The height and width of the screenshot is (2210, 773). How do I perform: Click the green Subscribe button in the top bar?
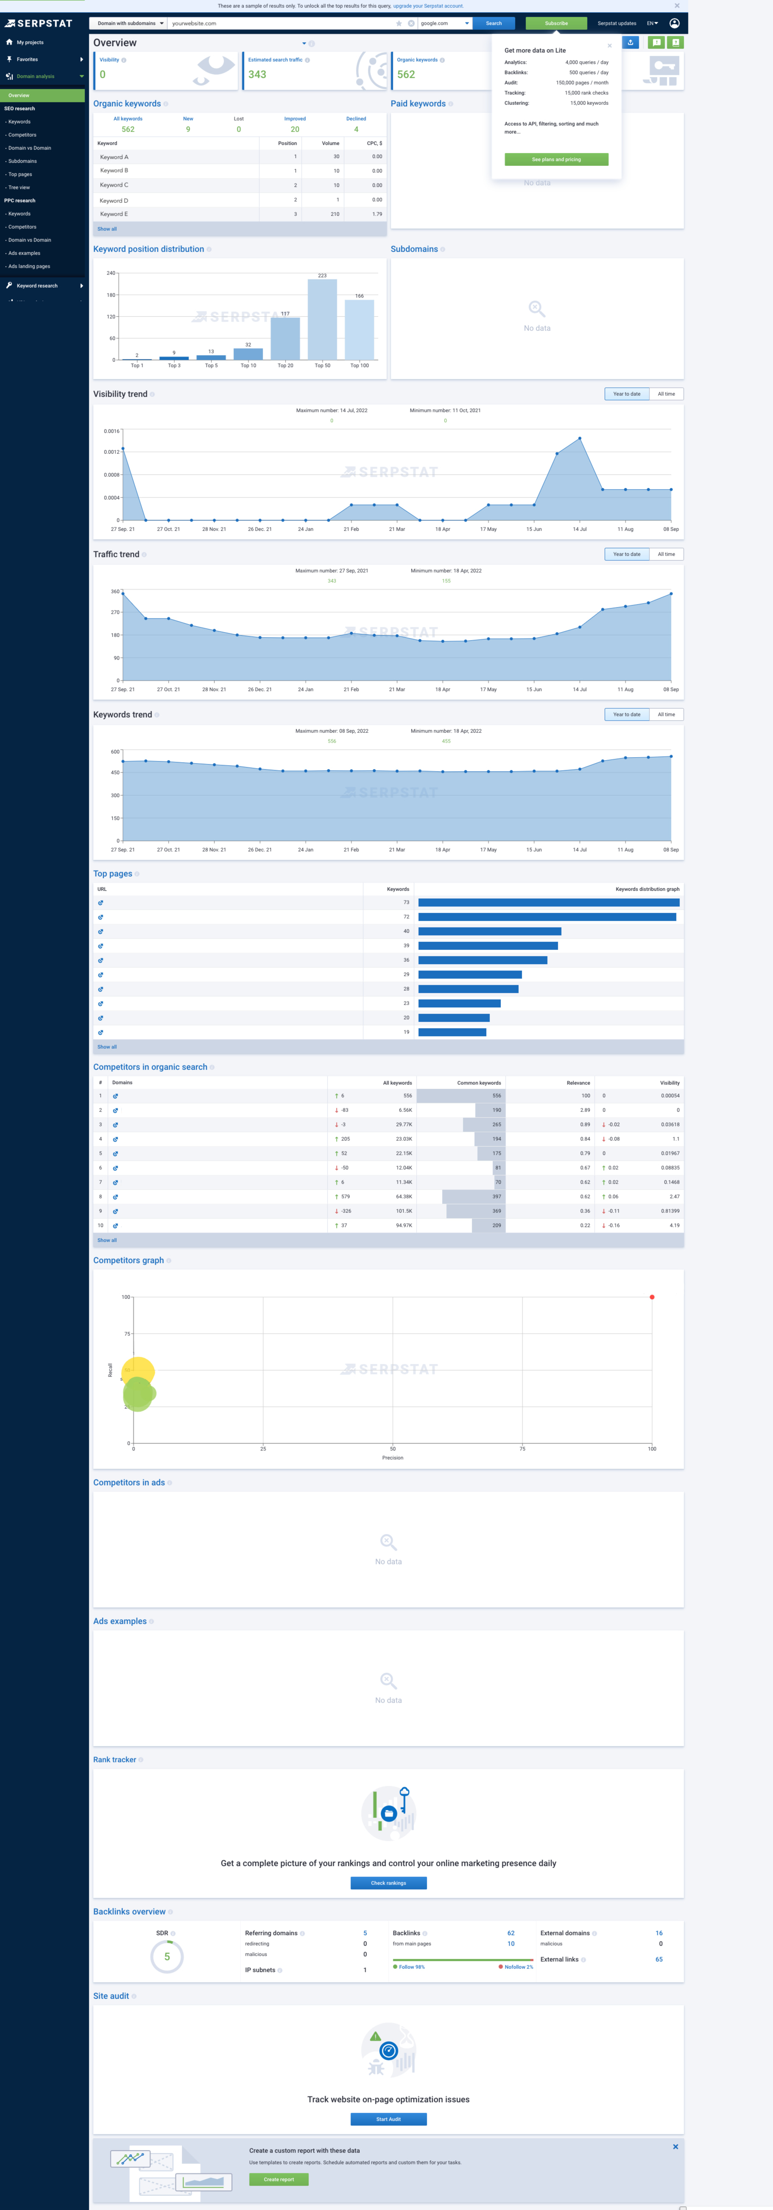coord(556,23)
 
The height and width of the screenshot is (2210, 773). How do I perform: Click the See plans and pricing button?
coord(556,159)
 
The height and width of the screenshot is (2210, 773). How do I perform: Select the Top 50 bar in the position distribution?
coord(322,319)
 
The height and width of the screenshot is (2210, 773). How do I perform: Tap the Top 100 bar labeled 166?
coord(360,329)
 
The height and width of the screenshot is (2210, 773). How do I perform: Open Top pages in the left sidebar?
coord(21,174)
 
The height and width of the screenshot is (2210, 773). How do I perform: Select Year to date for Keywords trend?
coord(626,714)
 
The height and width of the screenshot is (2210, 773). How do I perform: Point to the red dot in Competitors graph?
coord(652,1297)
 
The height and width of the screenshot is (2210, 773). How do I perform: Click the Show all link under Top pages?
coord(107,1046)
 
